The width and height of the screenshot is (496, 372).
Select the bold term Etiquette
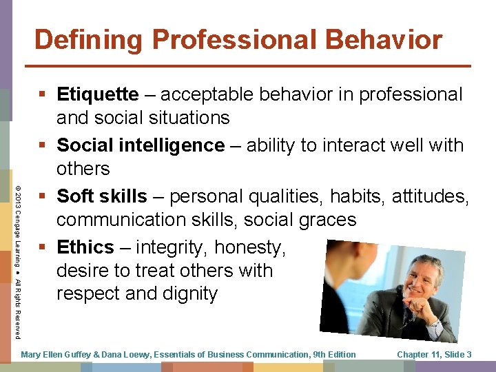(97, 94)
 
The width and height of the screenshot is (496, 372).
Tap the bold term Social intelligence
(141, 145)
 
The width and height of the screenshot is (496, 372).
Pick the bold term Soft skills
(102, 196)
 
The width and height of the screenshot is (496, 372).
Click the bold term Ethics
(85, 247)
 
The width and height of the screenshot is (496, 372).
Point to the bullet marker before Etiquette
(45, 95)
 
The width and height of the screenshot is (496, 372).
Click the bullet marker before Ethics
(45, 247)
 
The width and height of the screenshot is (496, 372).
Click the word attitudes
(431, 196)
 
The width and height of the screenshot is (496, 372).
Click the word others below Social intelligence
(83, 169)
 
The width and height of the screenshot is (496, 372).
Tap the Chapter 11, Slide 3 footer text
(434, 355)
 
